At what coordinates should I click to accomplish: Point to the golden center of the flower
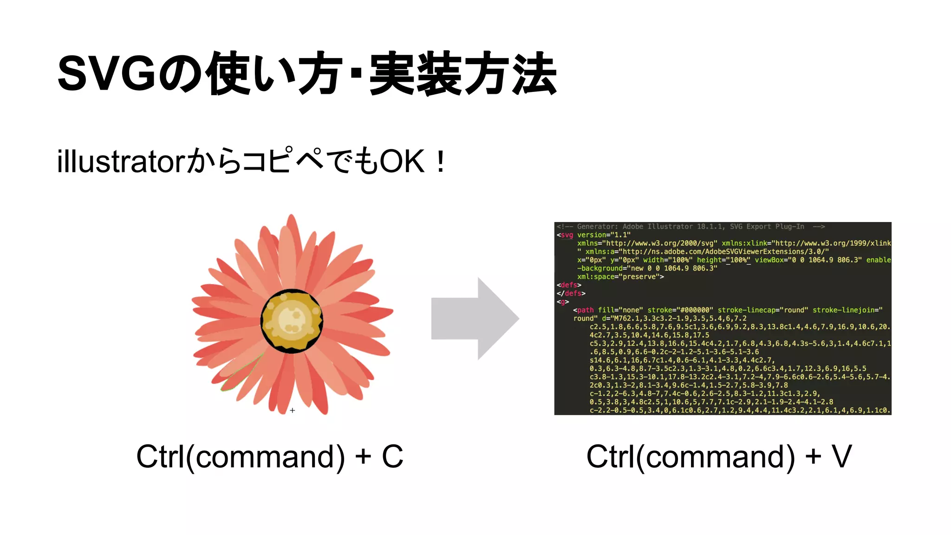292,320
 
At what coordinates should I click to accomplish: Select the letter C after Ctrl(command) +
392,457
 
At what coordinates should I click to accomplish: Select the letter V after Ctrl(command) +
841,457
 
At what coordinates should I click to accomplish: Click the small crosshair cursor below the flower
293,410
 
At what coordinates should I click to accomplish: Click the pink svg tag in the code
567,235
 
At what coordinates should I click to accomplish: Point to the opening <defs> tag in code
569,285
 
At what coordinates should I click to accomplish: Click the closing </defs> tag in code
571,293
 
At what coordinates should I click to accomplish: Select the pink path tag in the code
585,310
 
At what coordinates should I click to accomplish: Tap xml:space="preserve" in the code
620,277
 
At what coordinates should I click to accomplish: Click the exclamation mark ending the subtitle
441,162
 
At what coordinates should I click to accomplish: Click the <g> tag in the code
563,302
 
